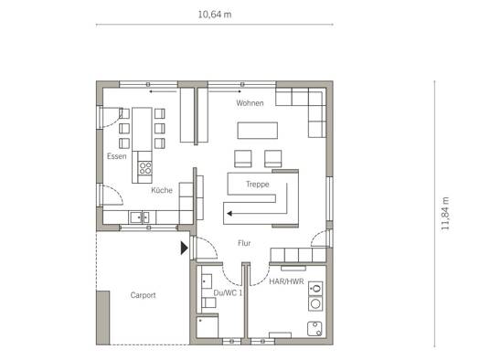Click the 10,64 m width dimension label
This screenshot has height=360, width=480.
click(x=215, y=15)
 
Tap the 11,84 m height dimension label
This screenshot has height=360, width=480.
click(x=445, y=214)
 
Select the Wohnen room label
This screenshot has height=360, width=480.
click(x=250, y=103)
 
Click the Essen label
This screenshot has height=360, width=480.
click(x=117, y=156)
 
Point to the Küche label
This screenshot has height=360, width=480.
click(x=162, y=190)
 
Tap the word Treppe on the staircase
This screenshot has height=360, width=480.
click(x=258, y=185)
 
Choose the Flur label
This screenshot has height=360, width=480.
click(x=244, y=243)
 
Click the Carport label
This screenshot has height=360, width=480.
click(x=143, y=295)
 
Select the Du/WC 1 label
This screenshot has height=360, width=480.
click(x=228, y=292)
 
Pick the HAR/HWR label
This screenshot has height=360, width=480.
click(x=286, y=281)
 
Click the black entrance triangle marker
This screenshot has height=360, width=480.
click(x=184, y=248)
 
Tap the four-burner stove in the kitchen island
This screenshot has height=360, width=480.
click(x=144, y=167)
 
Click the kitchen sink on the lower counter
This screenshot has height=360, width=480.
click(x=140, y=217)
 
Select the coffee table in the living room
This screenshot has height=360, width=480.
click(x=258, y=131)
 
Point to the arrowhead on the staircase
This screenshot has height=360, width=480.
click(x=229, y=214)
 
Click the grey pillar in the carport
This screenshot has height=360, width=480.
click(x=102, y=318)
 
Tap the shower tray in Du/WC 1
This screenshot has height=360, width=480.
click(x=208, y=327)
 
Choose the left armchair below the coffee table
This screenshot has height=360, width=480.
click(x=243, y=158)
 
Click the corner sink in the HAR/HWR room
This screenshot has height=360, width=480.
click(x=315, y=329)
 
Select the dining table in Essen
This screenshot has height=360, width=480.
click(x=142, y=129)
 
